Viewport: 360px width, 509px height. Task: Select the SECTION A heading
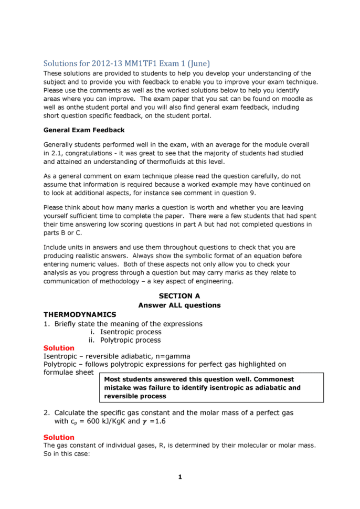point(179,296)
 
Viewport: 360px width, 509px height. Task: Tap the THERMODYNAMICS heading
point(80,314)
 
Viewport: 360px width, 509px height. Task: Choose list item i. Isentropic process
point(126,332)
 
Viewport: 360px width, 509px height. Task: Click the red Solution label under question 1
point(59,348)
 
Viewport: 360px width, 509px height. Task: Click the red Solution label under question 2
point(59,437)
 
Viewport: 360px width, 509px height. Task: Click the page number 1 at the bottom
point(179,477)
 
